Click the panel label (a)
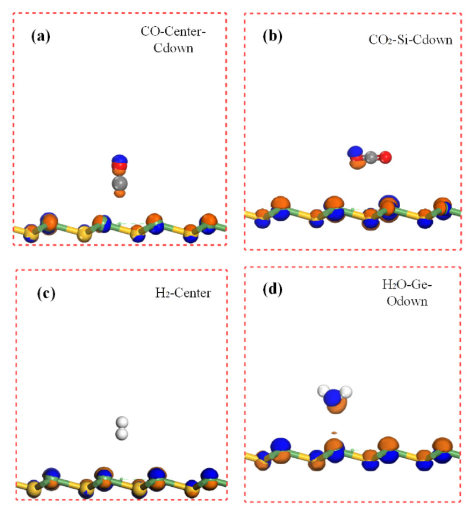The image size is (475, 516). click(40, 36)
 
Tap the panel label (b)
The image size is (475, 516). click(273, 36)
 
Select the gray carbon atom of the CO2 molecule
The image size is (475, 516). click(371, 158)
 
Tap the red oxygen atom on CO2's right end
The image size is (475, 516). click(385, 158)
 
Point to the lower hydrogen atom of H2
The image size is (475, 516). click(122, 434)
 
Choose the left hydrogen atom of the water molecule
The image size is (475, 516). click(324, 391)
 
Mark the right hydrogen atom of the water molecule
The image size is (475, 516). click(346, 391)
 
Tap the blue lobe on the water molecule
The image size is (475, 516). click(334, 396)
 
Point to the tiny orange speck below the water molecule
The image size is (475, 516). click(335, 431)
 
